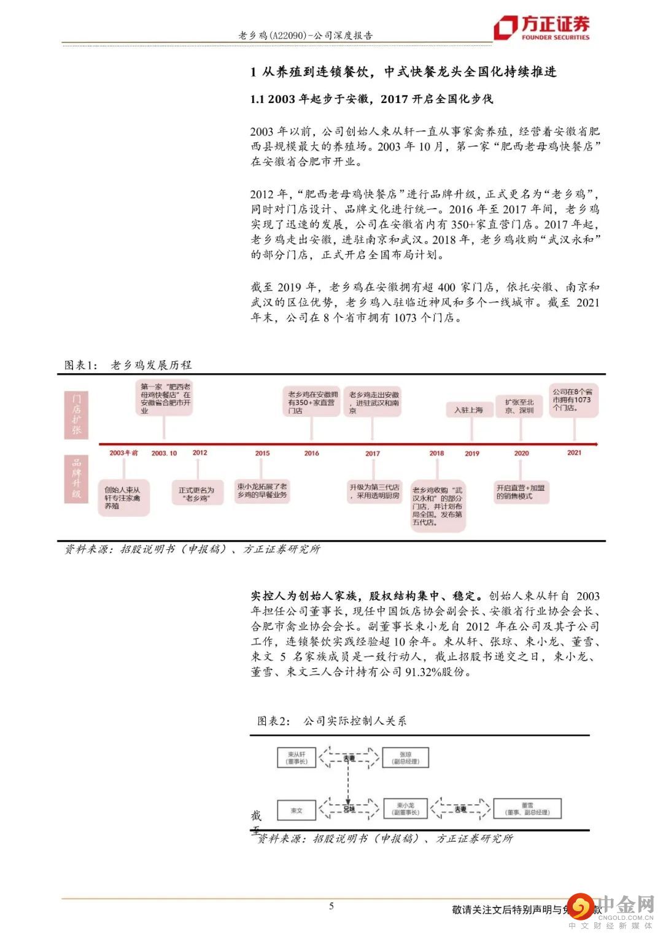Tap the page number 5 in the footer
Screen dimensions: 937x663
click(x=331, y=906)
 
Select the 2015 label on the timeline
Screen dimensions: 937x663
click(x=262, y=453)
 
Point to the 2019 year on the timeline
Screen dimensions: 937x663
click(x=472, y=453)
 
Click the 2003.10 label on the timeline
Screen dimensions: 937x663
click(x=164, y=453)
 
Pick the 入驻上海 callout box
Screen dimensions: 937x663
click(x=469, y=410)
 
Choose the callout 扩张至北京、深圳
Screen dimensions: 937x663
click(x=519, y=406)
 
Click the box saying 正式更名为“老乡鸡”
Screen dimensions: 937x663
click(x=196, y=494)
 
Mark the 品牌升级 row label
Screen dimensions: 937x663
click(x=76, y=478)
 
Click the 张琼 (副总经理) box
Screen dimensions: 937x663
click(x=405, y=757)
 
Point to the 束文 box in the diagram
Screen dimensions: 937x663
click(x=297, y=811)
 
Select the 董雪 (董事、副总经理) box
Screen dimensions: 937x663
click(x=527, y=809)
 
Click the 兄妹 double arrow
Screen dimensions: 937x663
click(x=349, y=809)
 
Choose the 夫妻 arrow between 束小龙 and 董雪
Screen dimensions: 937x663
click(x=460, y=809)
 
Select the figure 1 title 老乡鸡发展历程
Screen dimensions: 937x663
click(x=151, y=365)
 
